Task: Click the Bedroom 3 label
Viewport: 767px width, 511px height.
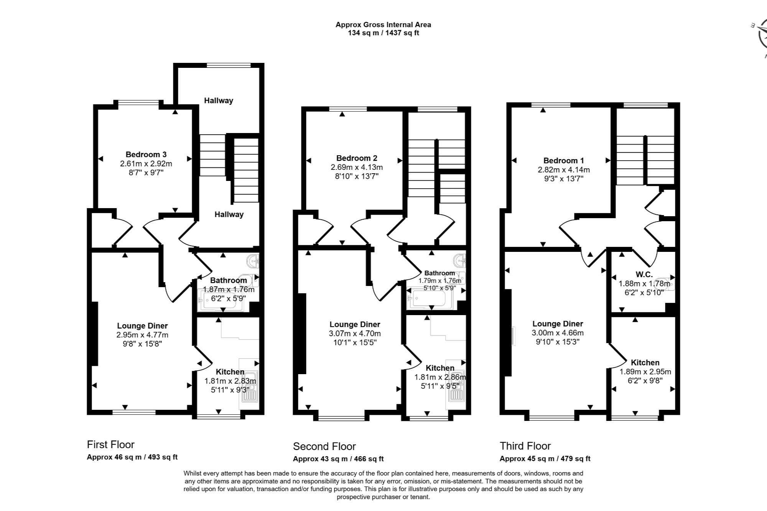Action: coord(146,154)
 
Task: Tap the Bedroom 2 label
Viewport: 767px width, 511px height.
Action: coord(357,158)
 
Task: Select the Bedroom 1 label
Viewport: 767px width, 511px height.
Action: coord(564,160)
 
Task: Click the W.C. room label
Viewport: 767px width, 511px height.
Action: coord(644,274)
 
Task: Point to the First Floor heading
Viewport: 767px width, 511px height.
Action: coord(111,445)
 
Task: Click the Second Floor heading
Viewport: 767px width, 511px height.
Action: coord(324,446)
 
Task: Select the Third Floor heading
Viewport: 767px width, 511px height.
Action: coord(525,446)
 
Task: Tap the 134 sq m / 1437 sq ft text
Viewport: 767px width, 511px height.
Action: coord(383,33)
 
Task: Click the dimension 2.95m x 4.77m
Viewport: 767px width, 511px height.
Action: coord(142,335)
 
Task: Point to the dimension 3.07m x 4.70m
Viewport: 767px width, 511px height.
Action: coord(355,334)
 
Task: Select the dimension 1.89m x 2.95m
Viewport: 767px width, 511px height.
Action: coord(645,371)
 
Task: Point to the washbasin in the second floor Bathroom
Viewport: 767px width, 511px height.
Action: coord(460,261)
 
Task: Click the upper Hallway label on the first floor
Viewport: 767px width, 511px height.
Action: coord(219,100)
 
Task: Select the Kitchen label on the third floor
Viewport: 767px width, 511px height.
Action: coord(645,363)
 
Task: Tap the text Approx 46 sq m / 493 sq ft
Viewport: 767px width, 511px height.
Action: coord(132,457)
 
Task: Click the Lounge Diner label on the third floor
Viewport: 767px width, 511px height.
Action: coord(558,324)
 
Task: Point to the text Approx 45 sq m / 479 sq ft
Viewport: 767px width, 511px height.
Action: coord(545,459)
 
